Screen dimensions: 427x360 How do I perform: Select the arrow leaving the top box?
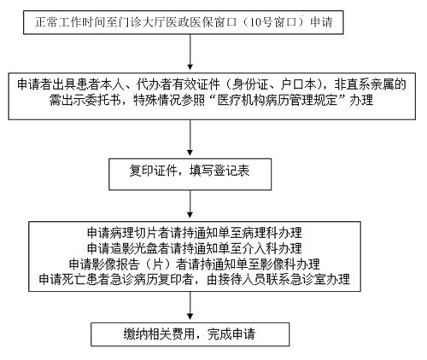190,52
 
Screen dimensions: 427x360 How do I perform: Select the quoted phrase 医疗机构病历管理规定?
277,100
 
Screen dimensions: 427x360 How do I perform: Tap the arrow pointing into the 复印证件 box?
190,137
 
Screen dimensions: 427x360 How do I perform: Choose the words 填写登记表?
219,171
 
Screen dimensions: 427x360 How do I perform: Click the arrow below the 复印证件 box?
190,204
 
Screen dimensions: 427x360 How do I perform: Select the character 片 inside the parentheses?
157,264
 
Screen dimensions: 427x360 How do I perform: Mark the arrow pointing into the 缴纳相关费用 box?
190,305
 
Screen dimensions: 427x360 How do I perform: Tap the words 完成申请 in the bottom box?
231,334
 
